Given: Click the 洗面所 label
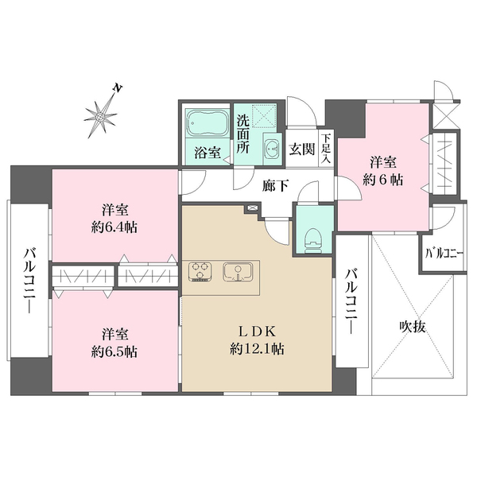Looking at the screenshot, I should [244, 135].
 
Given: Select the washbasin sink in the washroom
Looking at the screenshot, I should [272, 148].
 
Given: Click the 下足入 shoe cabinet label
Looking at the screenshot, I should [325, 149].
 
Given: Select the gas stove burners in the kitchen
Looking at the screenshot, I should [200, 272].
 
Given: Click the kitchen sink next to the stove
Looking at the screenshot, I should [236, 272].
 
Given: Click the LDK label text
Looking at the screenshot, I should [257, 329].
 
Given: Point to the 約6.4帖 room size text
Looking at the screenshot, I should [114, 227].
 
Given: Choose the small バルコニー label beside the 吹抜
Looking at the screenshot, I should [444, 255].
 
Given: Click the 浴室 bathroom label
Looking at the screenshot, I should [207, 153].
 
